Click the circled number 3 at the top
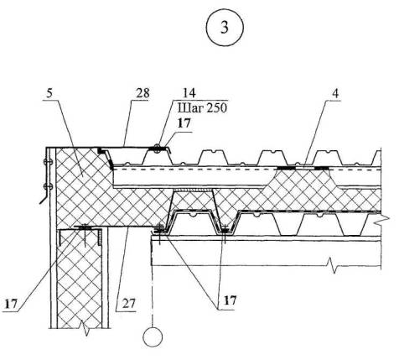coord(225,28)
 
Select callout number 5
coord(49,93)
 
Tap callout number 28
coord(142,93)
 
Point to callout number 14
coord(189,92)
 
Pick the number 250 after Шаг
coord(215,108)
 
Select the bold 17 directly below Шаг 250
coord(184,123)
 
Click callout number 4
coord(335,93)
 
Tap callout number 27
coord(129,303)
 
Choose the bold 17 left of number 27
coord(11,304)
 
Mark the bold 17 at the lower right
coord(230,300)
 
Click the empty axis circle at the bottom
coord(153,337)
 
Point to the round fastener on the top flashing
coord(158,148)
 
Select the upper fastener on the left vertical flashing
coord(47,161)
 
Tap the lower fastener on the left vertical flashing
coord(47,186)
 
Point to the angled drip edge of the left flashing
coord(44,198)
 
